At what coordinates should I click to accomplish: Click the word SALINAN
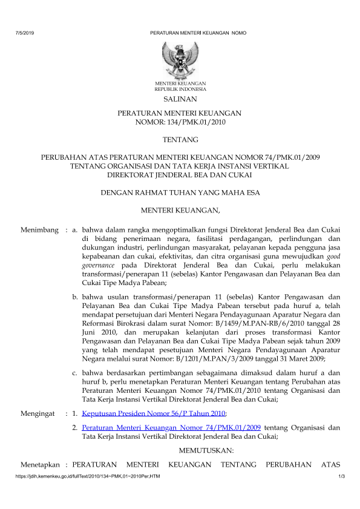pos(180,98)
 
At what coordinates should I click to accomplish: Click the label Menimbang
pos(39,230)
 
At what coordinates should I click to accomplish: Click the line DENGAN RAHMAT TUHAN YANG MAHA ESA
pos(180,193)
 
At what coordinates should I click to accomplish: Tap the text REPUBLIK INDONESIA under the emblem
pos(180,88)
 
